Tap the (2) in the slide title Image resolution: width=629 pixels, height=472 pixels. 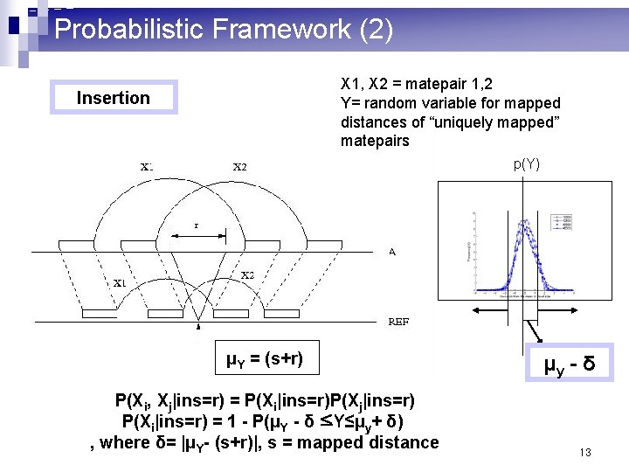click(x=376, y=30)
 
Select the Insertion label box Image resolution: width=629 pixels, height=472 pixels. click(x=114, y=98)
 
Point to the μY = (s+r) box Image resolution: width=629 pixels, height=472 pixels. click(x=265, y=357)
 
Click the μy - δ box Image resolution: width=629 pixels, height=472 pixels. click(x=570, y=362)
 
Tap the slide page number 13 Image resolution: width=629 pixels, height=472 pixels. click(x=585, y=452)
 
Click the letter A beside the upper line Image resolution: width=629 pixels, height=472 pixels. click(x=392, y=252)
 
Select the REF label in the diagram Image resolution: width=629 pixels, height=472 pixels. click(x=397, y=321)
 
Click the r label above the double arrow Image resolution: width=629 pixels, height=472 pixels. click(x=197, y=226)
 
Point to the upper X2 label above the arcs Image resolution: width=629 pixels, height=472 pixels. click(x=239, y=167)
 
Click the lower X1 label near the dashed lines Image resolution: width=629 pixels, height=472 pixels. click(x=120, y=282)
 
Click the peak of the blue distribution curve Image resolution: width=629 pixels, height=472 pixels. click(x=525, y=222)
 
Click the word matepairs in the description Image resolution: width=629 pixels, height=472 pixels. click(x=375, y=141)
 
